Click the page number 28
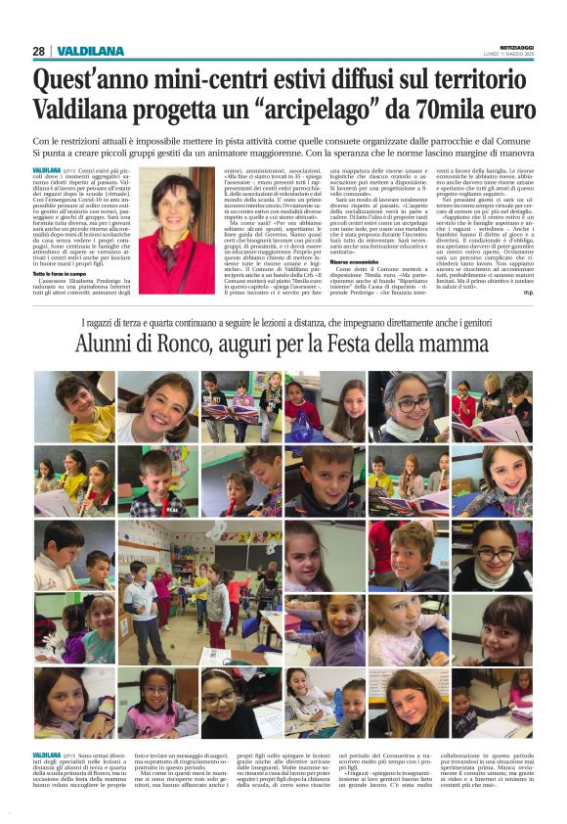click(x=38, y=51)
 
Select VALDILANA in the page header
click(x=91, y=51)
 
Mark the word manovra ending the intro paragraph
click(x=511, y=154)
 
